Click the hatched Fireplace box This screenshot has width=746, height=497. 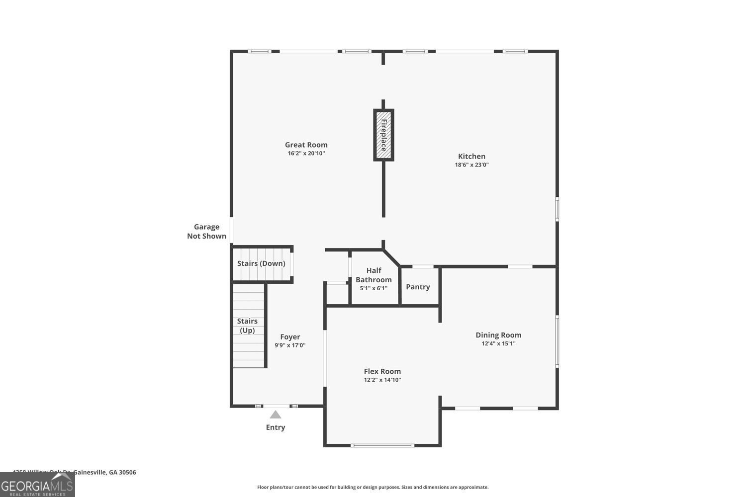tap(383, 135)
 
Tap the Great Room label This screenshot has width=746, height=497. tap(306, 145)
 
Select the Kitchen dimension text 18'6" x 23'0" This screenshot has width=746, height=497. tap(471, 165)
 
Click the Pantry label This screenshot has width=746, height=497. tap(418, 287)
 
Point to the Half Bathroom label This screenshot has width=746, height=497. tap(373, 275)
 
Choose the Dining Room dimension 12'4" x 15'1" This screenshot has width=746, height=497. tap(498, 343)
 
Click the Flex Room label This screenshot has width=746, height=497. tap(382, 371)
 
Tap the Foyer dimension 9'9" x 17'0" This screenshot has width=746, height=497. tap(290, 345)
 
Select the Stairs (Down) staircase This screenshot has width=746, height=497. tap(262, 264)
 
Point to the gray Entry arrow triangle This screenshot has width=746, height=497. tap(276, 414)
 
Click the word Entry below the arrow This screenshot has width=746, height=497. tap(276, 427)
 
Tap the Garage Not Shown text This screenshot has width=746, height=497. tap(206, 232)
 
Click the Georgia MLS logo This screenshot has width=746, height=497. tap(37, 485)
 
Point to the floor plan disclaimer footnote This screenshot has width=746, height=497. tap(373, 488)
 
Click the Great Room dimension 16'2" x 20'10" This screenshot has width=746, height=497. tap(306, 154)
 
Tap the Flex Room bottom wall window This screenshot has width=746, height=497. tap(382, 445)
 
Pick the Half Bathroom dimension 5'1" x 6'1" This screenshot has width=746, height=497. tap(373, 288)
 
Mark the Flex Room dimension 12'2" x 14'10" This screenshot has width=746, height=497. tap(382, 380)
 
